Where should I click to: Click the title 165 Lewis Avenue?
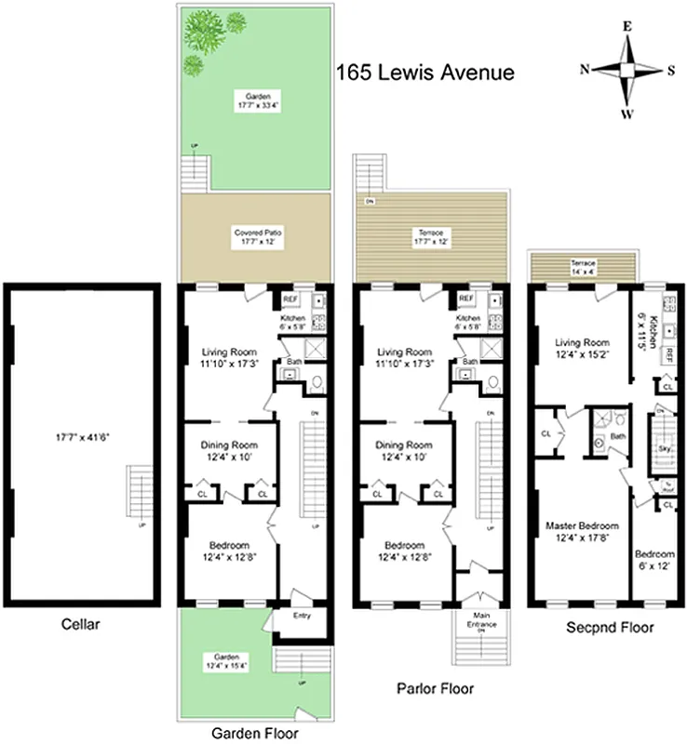pos(424,73)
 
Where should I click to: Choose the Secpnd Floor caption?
pos(610,628)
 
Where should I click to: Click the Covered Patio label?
pos(256,236)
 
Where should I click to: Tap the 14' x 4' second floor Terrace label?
pos(583,268)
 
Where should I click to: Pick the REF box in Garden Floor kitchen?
pos(290,299)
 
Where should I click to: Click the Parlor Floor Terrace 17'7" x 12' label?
pos(432,236)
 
